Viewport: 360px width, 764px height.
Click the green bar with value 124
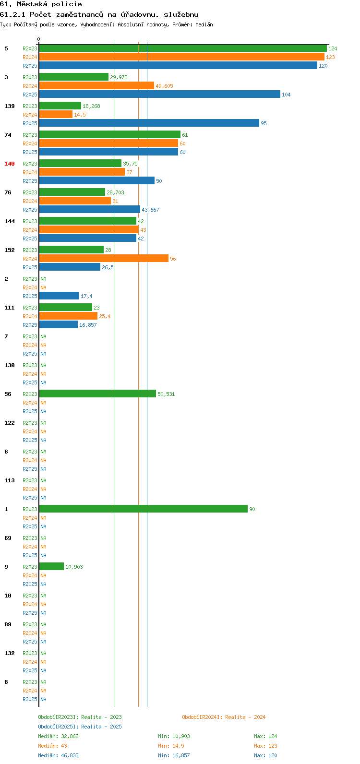(183, 48)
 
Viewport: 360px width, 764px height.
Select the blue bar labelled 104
(160, 95)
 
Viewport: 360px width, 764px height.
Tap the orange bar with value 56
(104, 259)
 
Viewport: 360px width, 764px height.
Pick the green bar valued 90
(144, 509)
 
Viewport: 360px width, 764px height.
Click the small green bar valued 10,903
(51, 566)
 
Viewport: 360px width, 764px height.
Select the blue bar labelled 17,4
(59, 296)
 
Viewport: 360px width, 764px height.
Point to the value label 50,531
(166, 394)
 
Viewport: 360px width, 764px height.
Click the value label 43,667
(151, 210)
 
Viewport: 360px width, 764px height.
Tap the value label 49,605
(165, 86)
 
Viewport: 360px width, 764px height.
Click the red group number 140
(10, 164)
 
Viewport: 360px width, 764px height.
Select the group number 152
(10, 250)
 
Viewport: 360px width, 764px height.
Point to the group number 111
(10, 308)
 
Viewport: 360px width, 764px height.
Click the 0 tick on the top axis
(38, 39)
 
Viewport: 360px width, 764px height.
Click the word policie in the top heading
(67, 4)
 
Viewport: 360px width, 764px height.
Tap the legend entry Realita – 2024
(245, 717)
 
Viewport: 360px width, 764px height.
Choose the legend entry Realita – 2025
(101, 727)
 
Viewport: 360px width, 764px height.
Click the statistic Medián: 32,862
(59, 736)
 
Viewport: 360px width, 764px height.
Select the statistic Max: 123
(265, 746)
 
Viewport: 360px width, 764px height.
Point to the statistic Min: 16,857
(174, 755)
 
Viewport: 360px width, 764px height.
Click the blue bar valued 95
(149, 123)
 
